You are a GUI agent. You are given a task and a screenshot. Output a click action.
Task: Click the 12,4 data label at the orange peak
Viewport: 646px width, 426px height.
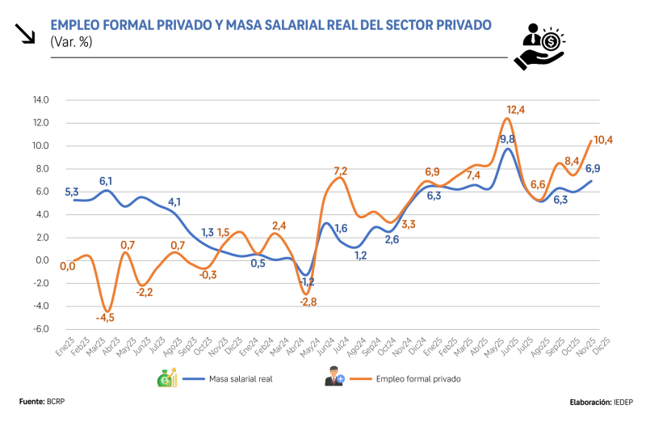[516, 110]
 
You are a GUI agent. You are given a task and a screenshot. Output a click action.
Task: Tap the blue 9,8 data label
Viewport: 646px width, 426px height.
[508, 140]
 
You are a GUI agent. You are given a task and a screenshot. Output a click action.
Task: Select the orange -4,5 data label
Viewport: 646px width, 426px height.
[105, 317]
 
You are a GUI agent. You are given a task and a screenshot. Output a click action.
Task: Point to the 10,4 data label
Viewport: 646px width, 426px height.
[603, 140]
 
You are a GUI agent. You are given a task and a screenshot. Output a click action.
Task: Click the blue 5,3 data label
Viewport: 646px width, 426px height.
[71, 192]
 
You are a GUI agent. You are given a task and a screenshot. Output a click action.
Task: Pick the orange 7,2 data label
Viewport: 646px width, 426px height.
[340, 171]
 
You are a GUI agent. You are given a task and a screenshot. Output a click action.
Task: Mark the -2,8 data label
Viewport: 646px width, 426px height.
[308, 302]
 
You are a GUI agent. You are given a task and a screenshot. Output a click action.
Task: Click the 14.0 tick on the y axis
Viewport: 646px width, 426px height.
[41, 100]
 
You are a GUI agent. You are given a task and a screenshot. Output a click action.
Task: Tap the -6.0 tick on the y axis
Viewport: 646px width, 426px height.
[41, 329]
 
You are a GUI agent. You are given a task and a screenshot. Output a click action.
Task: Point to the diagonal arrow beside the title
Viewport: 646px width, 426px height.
[25, 32]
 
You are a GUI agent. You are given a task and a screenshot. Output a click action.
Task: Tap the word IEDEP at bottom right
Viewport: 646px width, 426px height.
[622, 401]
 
